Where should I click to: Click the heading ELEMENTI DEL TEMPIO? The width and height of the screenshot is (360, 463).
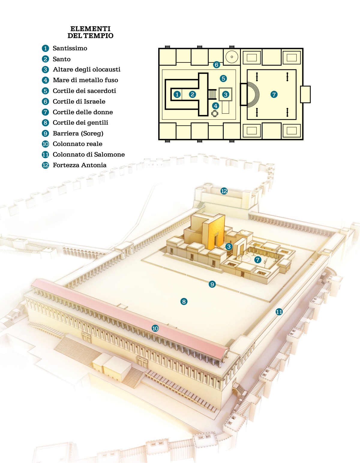point(90,32)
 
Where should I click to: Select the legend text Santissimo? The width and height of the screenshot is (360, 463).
point(70,48)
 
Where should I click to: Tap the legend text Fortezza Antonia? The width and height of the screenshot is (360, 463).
point(79,165)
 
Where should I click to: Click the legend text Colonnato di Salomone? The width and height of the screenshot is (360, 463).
point(88,155)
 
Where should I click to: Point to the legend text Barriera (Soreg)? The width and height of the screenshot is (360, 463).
point(78,133)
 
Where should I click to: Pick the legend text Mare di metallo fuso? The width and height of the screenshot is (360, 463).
point(85,80)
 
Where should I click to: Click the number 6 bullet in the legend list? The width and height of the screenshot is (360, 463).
point(45,101)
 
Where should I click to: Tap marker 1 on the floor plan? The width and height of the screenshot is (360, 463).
point(177,95)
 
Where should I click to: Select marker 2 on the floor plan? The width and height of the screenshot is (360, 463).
point(193,95)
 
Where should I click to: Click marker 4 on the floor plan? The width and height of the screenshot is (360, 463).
point(215,106)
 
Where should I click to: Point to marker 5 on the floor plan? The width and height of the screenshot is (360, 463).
point(223,79)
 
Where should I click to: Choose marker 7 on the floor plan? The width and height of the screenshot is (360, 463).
point(274,95)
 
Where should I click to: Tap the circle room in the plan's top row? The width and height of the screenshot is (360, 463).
point(232,57)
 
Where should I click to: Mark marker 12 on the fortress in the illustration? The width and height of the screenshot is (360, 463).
point(224,191)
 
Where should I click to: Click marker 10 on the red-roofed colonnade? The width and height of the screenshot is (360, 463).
point(155,328)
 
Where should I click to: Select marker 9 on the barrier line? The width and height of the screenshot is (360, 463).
point(212,284)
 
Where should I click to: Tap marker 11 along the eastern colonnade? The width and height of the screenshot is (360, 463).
point(279,312)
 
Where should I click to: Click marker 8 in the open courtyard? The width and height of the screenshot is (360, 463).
point(184,302)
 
